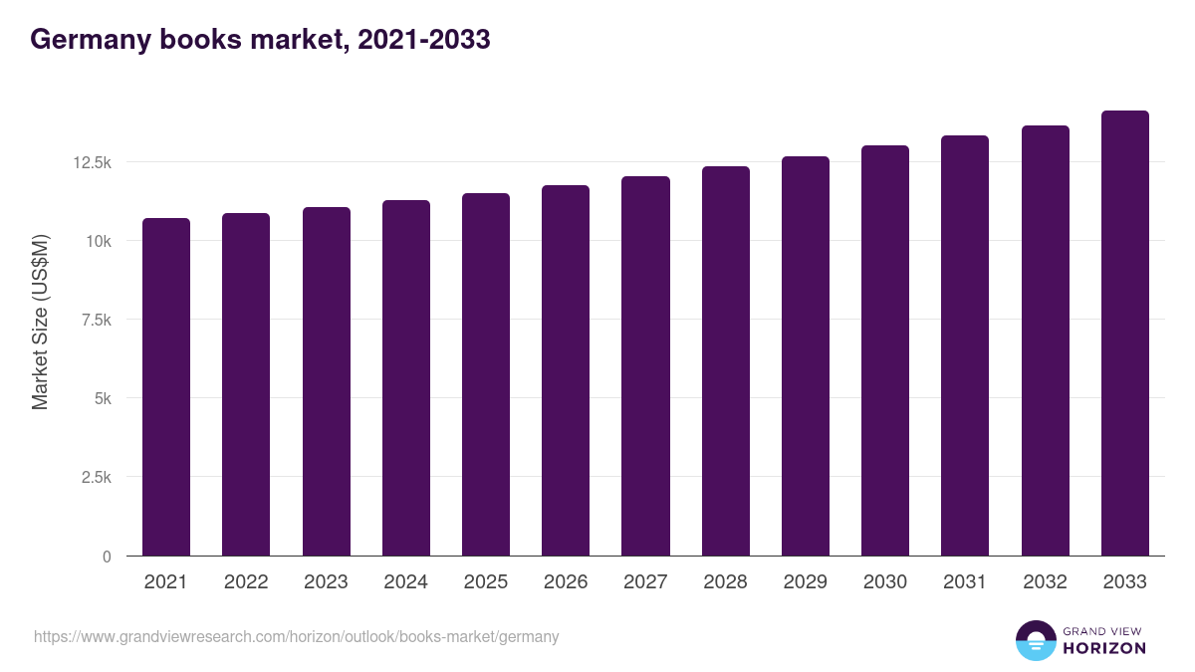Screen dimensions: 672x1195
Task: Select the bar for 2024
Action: click(406, 377)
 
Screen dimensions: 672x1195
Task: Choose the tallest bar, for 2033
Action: click(1124, 333)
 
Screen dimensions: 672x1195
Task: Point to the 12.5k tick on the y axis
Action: click(92, 162)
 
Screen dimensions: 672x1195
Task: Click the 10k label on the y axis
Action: click(98, 241)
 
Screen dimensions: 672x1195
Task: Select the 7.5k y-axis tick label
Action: click(96, 320)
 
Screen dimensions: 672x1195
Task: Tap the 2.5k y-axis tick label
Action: click(96, 477)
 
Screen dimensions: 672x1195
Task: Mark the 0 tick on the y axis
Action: click(106, 557)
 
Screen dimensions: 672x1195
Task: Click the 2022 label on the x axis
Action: click(246, 582)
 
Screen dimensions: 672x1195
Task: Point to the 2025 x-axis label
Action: click(486, 582)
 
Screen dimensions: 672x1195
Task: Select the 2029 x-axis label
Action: click(806, 582)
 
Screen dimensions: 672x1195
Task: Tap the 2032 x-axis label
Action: click(1045, 582)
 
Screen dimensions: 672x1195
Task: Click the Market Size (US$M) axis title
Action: click(40, 322)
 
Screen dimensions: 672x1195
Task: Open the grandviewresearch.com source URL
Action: click(297, 636)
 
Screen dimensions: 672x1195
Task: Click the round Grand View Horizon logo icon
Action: click(1036, 640)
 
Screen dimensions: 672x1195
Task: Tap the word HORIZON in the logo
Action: click(1104, 648)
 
